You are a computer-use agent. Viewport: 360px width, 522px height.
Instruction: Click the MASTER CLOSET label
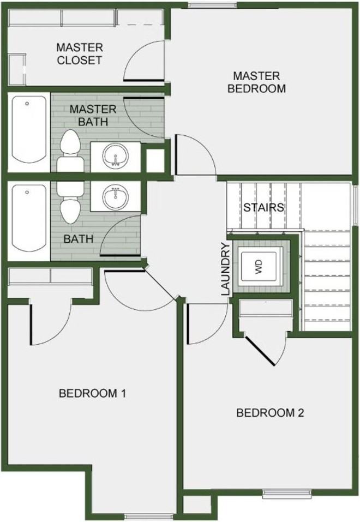[79, 54]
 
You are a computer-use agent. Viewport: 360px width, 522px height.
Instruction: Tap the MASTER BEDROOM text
[256, 82]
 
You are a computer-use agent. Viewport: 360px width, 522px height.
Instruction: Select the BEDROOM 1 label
[92, 393]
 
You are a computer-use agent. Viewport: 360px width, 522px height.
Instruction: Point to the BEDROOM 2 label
[270, 413]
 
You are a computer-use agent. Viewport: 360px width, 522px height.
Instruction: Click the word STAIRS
[263, 207]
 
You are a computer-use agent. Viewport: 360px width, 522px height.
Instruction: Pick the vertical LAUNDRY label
[226, 269]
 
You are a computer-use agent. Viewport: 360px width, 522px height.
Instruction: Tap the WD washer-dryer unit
[259, 267]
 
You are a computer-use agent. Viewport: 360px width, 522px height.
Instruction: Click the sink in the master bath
[115, 156]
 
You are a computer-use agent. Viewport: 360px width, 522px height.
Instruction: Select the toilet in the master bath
[70, 151]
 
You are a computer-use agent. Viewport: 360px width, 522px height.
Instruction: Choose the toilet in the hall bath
[70, 202]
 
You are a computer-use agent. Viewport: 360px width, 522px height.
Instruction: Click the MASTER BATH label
[93, 116]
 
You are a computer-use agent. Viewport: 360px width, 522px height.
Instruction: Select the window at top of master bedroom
[213, 5]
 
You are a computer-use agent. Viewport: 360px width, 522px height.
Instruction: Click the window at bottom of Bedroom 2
[287, 494]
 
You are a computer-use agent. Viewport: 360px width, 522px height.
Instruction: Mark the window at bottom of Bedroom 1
[149, 517]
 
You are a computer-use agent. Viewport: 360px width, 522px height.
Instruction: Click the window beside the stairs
[355, 205]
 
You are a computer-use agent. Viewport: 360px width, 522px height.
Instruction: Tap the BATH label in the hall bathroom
[78, 239]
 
